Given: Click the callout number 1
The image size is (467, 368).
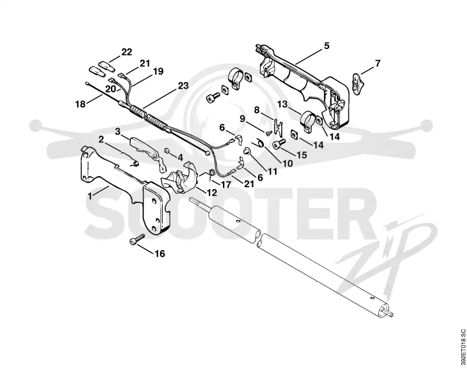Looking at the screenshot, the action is tap(90, 197).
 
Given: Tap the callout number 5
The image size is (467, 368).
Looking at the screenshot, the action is tap(327, 46).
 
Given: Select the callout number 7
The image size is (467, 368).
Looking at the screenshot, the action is tap(378, 64).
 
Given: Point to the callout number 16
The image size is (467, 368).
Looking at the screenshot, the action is tap(159, 254).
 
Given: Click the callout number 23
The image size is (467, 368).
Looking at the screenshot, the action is tap(183, 86).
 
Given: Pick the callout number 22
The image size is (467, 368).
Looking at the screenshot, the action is tap(127, 52).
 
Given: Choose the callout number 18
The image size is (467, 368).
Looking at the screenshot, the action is tap(81, 104).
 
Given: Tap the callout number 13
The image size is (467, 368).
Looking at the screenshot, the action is tap(283, 104).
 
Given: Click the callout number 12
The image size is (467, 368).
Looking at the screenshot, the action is tap(212, 193).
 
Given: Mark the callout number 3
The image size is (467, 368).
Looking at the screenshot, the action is tap(118, 131).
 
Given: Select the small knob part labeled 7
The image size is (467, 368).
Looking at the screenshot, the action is tap(357, 80).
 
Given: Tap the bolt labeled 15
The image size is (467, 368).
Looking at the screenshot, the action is tap(280, 144).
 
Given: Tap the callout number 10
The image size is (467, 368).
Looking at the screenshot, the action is tap(288, 163).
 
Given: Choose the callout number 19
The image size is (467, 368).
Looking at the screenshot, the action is tap(158, 71).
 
